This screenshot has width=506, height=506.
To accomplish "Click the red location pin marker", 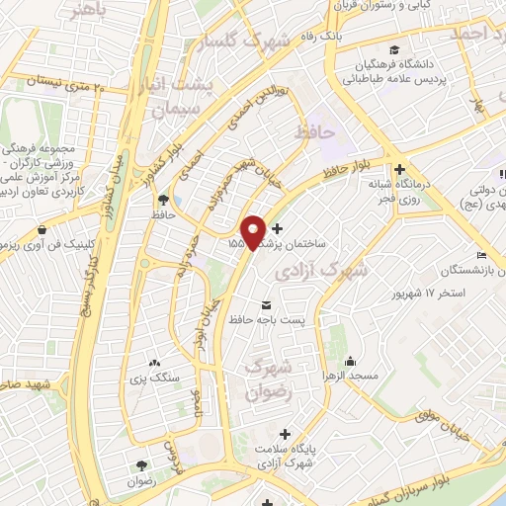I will tap(254, 231).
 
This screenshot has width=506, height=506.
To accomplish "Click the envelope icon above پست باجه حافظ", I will tap(265, 304).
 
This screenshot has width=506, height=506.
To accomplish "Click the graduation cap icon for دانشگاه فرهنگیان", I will tap(394, 49).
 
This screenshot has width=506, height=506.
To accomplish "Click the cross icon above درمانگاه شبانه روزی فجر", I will tap(399, 169).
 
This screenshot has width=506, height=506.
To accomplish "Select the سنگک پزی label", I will tap(151, 377).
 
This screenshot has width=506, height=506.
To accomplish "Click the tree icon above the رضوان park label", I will tap(142, 464).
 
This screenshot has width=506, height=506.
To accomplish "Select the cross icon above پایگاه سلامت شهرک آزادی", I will tap(286, 433).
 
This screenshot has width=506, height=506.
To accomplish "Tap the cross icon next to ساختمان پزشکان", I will tap(290, 228).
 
